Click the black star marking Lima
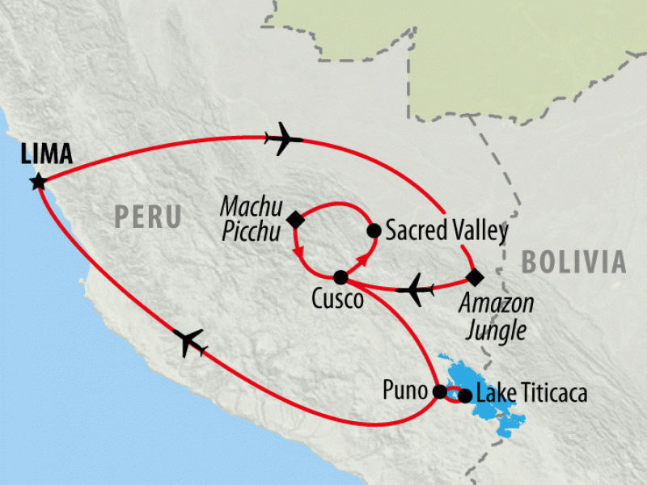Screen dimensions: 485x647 click(x=37, y=182)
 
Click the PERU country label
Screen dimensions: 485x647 click(x=147, y=216)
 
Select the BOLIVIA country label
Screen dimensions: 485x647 click(x=573, y=261)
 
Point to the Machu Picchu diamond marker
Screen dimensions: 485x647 click(x=295, y=218)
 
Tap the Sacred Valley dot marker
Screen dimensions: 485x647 click(x=374, y=231)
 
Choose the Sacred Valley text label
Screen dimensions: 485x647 click(x=446, y=231)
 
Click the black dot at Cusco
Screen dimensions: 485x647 click(x=340, y=277)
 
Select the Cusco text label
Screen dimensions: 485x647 click(x=337, y=299)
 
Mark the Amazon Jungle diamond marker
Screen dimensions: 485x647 click(x=475, y=277)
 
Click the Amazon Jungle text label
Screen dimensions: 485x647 click(x=496, y=316)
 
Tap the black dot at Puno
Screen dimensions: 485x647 click(x=439, y=392)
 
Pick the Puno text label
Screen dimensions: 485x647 click(x=406, y=393)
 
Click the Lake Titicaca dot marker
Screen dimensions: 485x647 click(x=465, y=395)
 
